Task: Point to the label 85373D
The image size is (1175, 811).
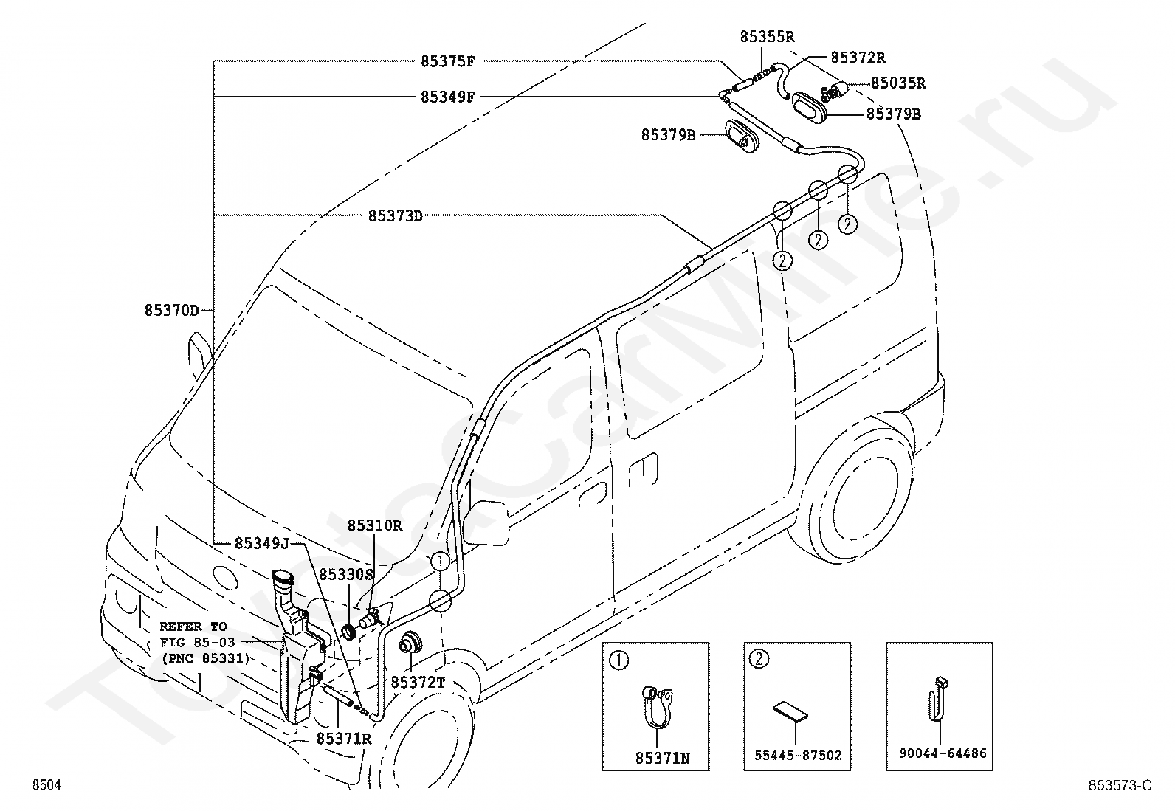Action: click(395, 216)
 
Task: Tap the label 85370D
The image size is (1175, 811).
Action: click(171, 311)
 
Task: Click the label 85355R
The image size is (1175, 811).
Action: click(767, 37)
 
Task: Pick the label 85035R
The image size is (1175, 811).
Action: click(898, 83)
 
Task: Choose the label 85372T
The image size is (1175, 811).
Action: click(418, 683)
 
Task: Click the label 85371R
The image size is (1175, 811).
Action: click(344, 739)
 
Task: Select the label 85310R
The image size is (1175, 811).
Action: click(374, 525)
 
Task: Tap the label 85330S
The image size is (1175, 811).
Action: click(346, 575)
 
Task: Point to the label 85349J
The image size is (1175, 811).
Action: click(262, 543)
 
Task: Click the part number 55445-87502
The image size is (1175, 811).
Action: click(797, 756)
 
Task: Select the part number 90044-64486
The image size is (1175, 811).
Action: click(943, 753)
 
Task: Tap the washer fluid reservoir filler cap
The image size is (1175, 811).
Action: click(282, 578)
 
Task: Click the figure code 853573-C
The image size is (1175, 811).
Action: click(1120, 785)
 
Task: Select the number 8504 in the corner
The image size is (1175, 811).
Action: click(46, 785)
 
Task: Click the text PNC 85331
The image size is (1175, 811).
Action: click(205, 658)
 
